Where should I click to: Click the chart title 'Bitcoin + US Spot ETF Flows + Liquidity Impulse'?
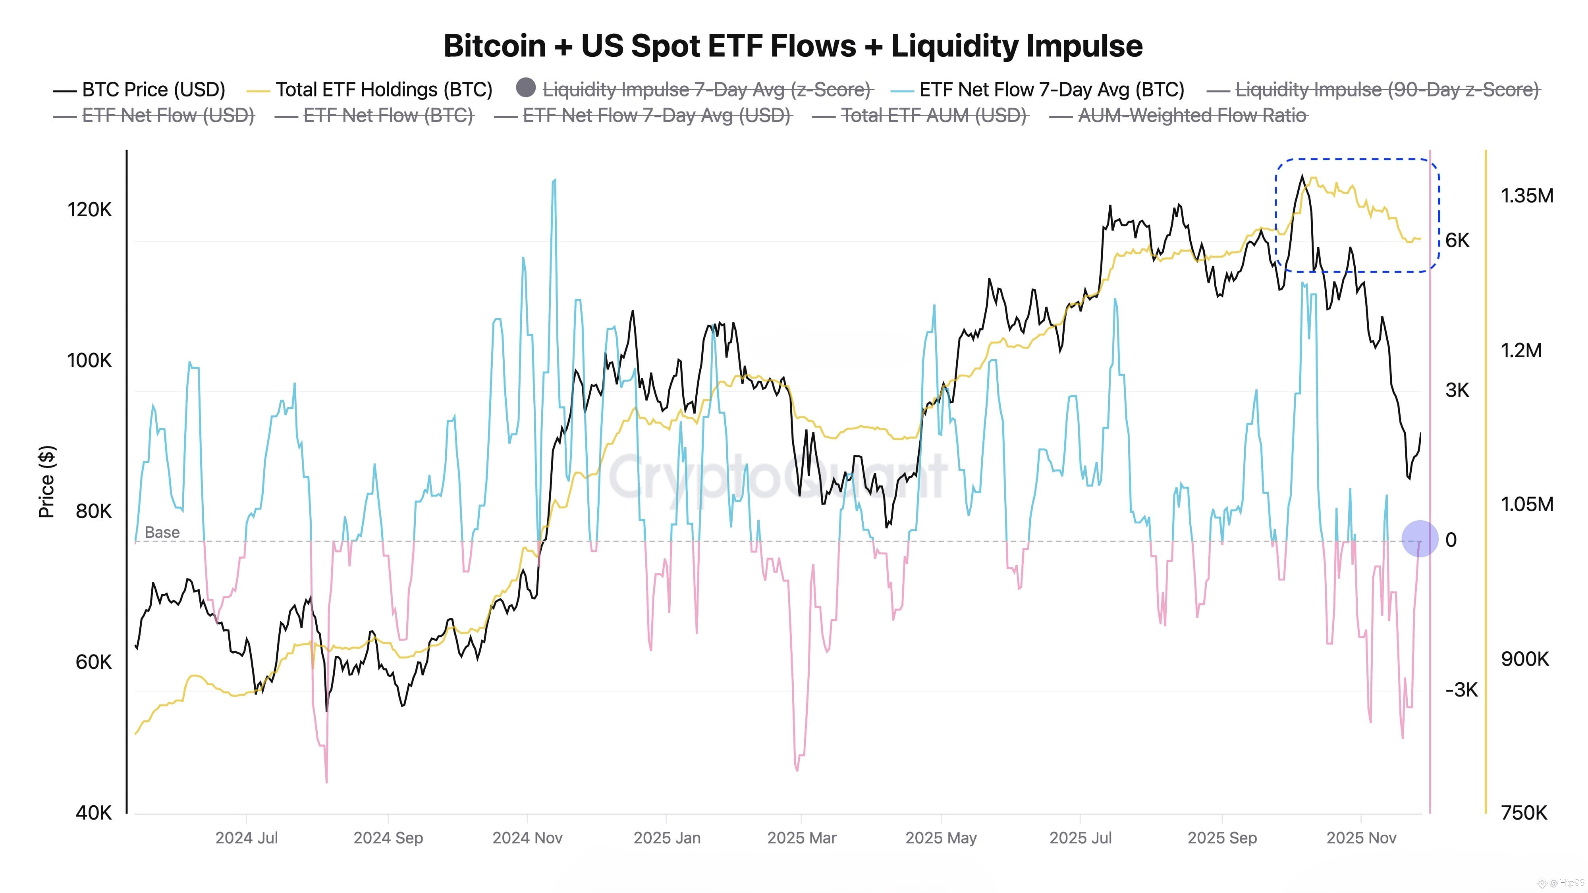click(793, 46)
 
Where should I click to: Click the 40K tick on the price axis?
click(94, 812)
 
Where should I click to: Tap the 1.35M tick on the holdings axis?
click(1526, 196)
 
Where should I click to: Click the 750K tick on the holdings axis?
click(1524, 812)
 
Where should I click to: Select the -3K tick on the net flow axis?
click(1461, 690)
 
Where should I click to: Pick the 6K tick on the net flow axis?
click(1457, 241)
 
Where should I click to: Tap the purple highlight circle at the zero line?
click(1420, 539)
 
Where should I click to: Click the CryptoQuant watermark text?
click(777, 476)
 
